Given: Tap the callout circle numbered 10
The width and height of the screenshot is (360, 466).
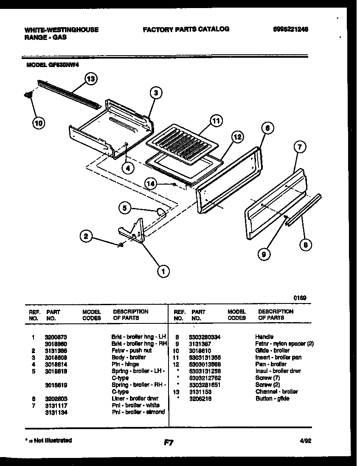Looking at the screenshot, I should (38, 123).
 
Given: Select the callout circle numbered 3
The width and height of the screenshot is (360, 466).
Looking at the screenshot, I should (156, 93).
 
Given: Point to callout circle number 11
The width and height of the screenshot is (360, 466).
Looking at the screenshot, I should (216, 121).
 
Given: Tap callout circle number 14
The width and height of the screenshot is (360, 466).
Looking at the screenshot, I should (150, 183).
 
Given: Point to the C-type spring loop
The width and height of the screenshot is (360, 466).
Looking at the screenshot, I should (161, 212).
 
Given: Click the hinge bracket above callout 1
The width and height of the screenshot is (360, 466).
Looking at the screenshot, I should (133, 232).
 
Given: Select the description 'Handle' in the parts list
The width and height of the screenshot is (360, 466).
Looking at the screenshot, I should (264, 337).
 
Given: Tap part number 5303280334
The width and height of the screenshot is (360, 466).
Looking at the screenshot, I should (206, 337).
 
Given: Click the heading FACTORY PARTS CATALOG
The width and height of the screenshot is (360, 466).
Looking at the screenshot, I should (186, 29).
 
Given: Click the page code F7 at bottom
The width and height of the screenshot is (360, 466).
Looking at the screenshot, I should (168, 443).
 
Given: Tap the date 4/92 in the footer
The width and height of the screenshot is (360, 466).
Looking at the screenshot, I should (305, 441).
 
